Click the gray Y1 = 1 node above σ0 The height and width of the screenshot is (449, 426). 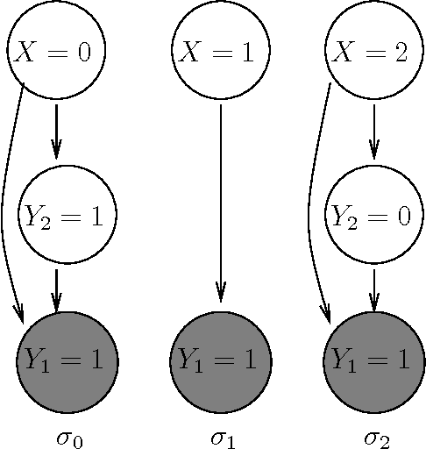(x=67, y=359)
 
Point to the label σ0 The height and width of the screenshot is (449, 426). (x=70, y=436)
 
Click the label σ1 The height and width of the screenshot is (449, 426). (x=223, y=436)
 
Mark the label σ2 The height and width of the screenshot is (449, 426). (x=377, y=436)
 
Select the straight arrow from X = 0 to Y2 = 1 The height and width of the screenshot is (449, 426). (x=56, y=132)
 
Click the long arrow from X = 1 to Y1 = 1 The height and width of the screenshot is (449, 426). (x=220, y=202)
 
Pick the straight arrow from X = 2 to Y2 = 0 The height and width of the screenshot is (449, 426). (x=374, y=132)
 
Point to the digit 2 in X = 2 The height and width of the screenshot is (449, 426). (x=401, y=53)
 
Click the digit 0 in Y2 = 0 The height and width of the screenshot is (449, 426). (x=401, y=216)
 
